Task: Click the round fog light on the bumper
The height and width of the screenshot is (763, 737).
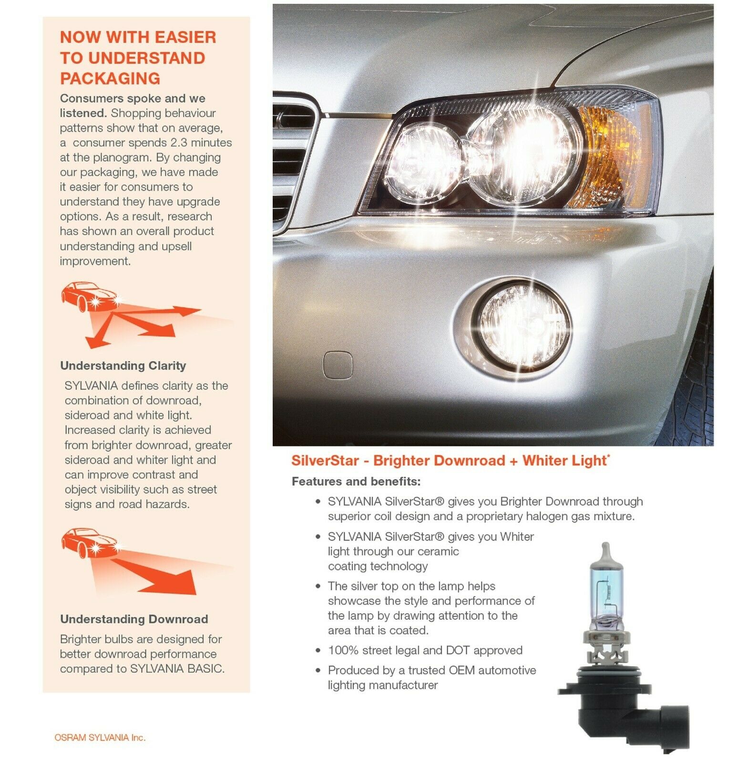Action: tap(523, 325)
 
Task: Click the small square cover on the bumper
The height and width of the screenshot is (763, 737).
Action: tap(338, 365)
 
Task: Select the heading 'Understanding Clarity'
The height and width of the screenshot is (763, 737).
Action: tap(123, 366)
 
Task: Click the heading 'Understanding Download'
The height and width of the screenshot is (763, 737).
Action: tap(134, 619)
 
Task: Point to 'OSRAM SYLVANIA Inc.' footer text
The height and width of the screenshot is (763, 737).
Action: tap(100, 737)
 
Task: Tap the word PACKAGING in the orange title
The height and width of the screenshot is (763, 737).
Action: tap(110, 79)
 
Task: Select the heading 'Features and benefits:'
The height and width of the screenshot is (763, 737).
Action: tap(356, 481)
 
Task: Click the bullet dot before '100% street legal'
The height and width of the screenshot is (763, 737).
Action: tap(318, 650)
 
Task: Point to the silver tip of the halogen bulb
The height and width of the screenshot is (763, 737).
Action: tap(604, 553)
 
